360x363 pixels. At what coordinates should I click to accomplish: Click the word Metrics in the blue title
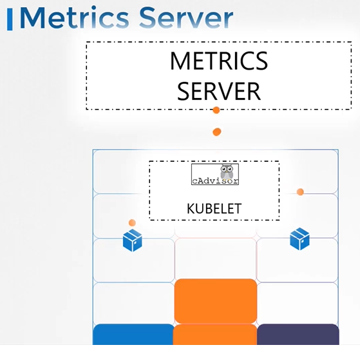[75, 18]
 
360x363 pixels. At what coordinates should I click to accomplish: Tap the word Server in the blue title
[186, 18]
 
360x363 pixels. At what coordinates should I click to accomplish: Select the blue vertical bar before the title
[10, 19]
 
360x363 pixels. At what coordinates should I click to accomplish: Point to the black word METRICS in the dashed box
[219, 61]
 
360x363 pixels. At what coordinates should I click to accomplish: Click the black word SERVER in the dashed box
[219, 91]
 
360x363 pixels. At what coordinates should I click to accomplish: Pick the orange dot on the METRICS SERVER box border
[216, 110]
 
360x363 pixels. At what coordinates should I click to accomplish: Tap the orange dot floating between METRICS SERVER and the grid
[217, 132]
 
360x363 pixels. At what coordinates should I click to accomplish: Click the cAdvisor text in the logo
[215, 181]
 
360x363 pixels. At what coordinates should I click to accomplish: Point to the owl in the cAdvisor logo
[227, 172]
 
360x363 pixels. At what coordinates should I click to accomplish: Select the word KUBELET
[214, 209]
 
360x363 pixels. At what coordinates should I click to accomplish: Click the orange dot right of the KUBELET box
[300, 192]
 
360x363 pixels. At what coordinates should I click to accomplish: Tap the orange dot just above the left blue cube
[132, 222]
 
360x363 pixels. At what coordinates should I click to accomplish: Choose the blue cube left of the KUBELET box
[133, 240]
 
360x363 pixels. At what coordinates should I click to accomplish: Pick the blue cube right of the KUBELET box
[299, 239]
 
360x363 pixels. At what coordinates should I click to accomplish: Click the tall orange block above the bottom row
[216, 300]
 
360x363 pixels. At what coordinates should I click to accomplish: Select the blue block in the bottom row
[133, 334]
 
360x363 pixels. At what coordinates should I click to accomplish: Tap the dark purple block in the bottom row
[298, 334]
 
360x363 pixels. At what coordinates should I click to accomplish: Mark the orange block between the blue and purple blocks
[215, 334]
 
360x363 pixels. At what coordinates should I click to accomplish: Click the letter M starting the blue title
[32, 18]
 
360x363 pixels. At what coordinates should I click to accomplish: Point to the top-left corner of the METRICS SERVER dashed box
[86, 42]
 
